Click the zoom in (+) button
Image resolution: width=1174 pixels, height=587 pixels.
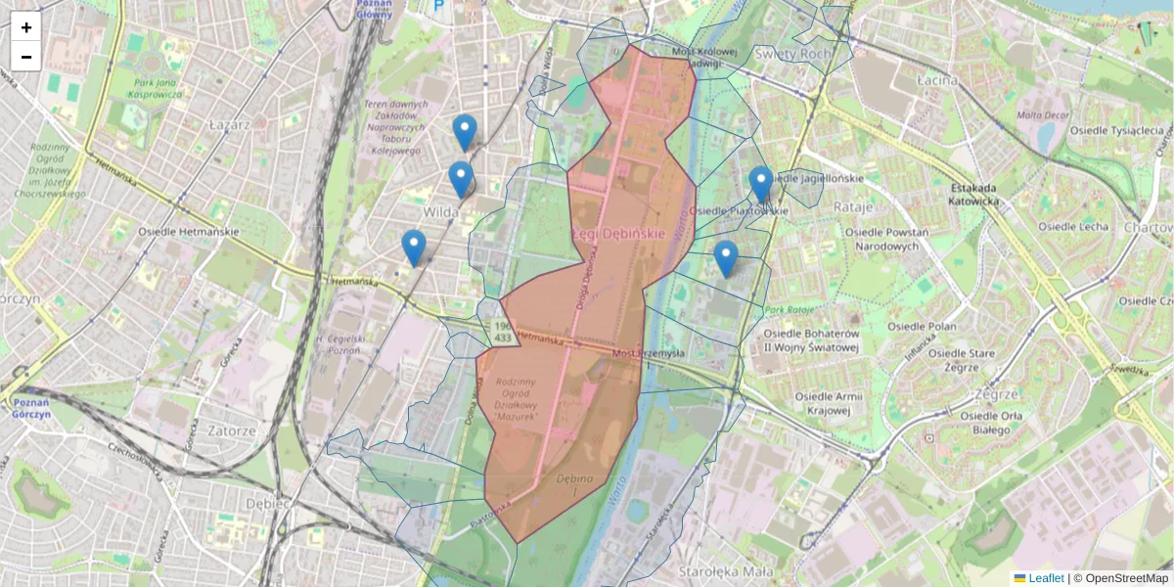(26, 27)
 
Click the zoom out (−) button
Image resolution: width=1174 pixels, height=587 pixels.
(26, 57)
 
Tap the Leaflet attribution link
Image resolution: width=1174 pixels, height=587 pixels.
(1045, 578)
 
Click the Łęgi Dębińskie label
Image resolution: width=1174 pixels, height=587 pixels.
(618, 235)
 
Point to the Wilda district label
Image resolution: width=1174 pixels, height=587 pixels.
(441, 211)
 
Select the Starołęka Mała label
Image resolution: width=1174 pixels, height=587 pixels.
(726, 571)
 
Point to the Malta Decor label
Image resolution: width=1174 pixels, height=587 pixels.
(1042, 114)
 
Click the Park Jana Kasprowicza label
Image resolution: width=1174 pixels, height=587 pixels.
(158, 89)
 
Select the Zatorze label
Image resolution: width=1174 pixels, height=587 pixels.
(231, 430)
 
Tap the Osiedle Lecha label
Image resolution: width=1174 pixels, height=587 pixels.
(1074, 226)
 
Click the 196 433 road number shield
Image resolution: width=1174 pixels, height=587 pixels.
(502, 331)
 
